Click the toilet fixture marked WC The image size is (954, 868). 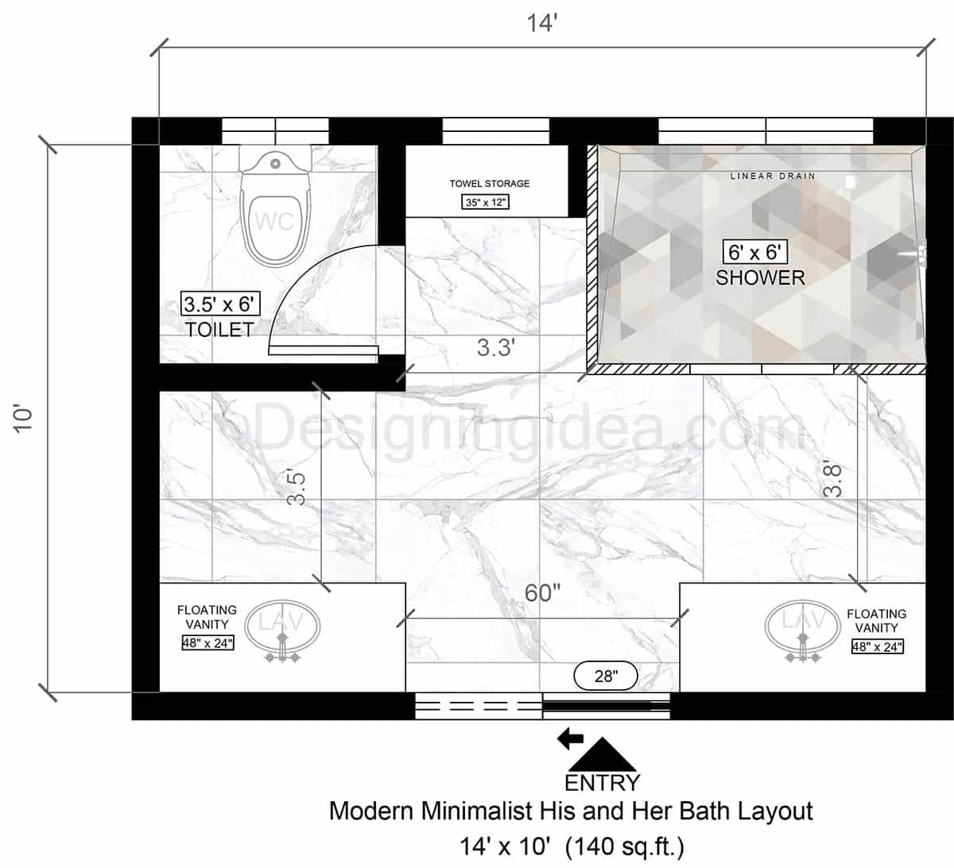274,211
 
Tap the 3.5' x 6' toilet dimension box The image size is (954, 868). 220,304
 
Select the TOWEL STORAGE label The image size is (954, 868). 489,184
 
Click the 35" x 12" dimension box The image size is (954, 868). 486,202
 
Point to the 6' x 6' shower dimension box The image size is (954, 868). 755,253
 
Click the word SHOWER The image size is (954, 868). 760,277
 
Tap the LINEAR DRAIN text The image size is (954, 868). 773,176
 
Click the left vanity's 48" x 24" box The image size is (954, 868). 207,643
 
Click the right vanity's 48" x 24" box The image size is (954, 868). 877,646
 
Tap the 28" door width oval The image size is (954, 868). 606,676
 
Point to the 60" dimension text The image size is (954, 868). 542,593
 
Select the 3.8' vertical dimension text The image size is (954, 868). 832,480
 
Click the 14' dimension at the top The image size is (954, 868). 542,23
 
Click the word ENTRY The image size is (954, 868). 602,783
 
